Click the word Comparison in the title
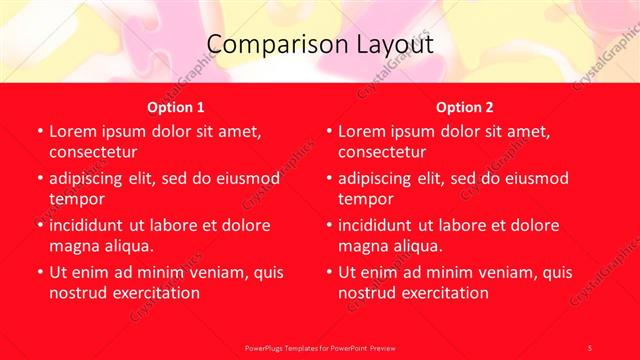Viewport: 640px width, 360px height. (266, 45)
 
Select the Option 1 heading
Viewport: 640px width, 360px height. (175, 106)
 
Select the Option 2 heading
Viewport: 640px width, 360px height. (464, 106)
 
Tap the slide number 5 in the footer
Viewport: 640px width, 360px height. (590, 347)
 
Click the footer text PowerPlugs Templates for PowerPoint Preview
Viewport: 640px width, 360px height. (320, 347)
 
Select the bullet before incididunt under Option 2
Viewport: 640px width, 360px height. (328, 225)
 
